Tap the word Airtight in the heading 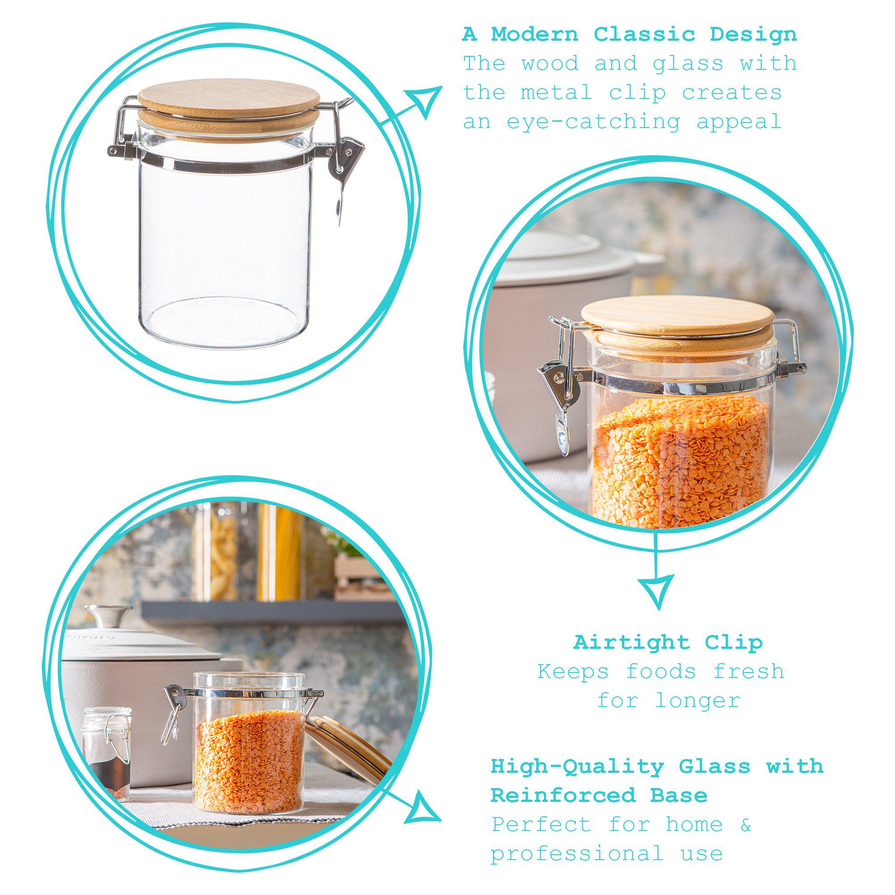pyautogui.click(x=631, y=643)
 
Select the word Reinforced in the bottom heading pyautogui.click(x=563, y=795)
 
